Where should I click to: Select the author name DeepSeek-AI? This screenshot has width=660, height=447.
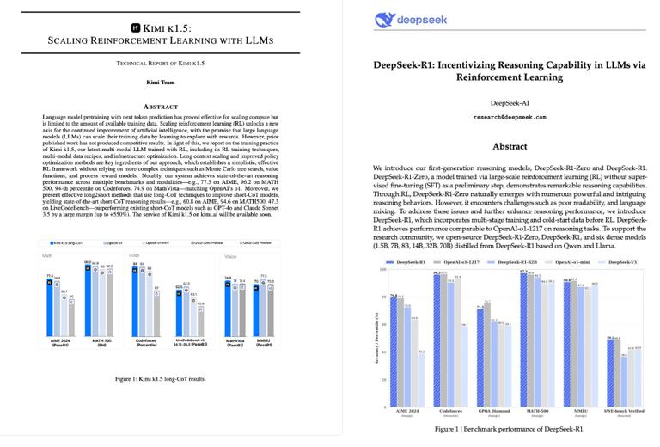click(x=510, y=102)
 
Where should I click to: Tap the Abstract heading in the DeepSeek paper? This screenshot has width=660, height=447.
click(x=510, y=147)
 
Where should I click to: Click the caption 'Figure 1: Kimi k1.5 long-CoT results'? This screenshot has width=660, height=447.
click(x=157, y=377)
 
